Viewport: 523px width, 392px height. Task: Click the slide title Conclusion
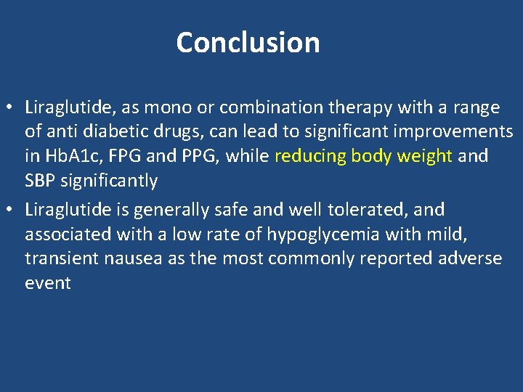tap(248, 42)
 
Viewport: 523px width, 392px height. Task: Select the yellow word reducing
tap(309, 156)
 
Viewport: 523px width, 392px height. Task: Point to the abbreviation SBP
tap(41, 180)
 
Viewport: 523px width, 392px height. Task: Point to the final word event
tap(47, 282)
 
